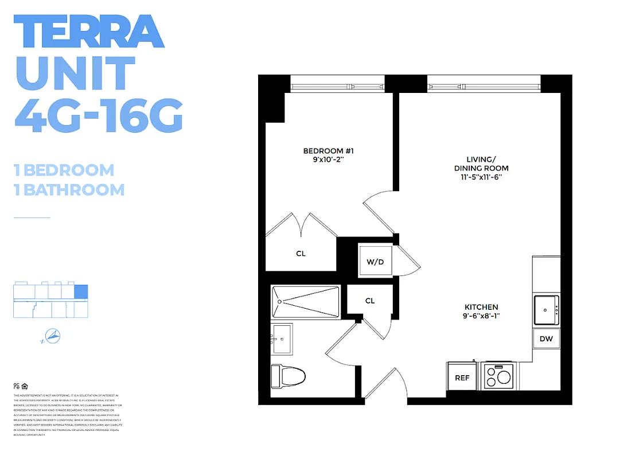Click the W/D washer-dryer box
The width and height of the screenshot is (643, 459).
(x=375, y=262)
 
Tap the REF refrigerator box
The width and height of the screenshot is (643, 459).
(x=462, y=378)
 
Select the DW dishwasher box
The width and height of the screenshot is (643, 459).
(x=546, y=339)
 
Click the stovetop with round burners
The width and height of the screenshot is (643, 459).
(x=498, y=377)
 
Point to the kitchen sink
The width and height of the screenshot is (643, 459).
(x=546, y=310)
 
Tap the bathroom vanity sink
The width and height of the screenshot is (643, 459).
(x=282, y=339)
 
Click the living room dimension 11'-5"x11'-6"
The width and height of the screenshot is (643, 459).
(x=481, y=177)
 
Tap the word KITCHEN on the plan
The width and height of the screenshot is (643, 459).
(x=481, y=307)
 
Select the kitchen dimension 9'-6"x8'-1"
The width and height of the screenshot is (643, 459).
(x=481, y=316)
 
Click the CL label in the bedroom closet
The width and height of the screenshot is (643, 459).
(x=301, y=254)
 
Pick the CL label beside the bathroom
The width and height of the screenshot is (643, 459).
(x=370, y=301)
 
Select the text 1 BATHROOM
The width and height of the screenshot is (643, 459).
(x=69, y=189)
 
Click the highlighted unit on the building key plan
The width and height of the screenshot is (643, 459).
(x=81, y=291)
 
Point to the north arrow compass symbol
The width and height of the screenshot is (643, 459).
(x=52, y=337)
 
